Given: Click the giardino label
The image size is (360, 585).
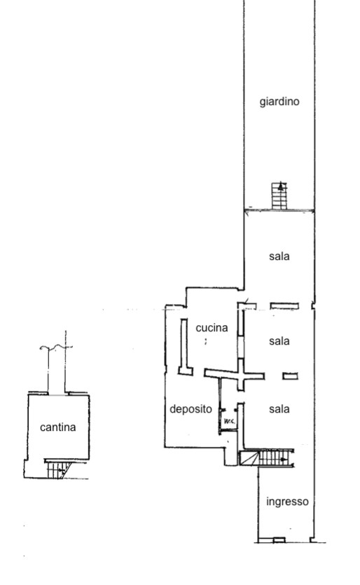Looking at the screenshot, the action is pyautogui.click(x=279, y=102).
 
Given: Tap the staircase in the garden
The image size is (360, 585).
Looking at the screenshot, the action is pyautogui.click(x=279, y=196).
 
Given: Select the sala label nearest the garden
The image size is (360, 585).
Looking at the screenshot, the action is pyautogui.click(x=279, y=256).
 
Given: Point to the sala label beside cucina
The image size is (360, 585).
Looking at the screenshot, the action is pyautogui.click(x=279, y=341).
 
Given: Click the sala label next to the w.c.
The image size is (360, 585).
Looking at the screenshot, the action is pyautogui.click(x=279, y=409).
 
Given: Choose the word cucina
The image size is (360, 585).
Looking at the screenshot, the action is pyautogui.click(x=212, y=328).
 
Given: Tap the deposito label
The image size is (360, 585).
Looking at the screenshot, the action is pyautogui.click(x=191, y=409).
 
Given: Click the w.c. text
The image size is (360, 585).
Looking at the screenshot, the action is pyautogui.click(x=230, y=422).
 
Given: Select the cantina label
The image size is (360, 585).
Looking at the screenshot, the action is pyautogui.click(x=58, y=427).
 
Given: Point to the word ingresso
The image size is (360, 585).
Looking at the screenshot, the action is pyautogui.click(x=287, y=502).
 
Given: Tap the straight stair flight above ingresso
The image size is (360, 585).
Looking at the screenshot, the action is pyautogui.click(x=276, y=458).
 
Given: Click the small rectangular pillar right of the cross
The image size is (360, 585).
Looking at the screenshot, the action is pyautogui.click(x=290, y=376).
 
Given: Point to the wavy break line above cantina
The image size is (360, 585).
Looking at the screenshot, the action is pyautogui.click(x=56, y=347).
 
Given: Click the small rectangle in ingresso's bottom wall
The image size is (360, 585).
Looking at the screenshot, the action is pyautogui.click(x=279, y=540).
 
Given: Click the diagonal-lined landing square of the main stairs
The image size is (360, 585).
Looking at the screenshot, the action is pyautogui.click(x=249, y=458).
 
